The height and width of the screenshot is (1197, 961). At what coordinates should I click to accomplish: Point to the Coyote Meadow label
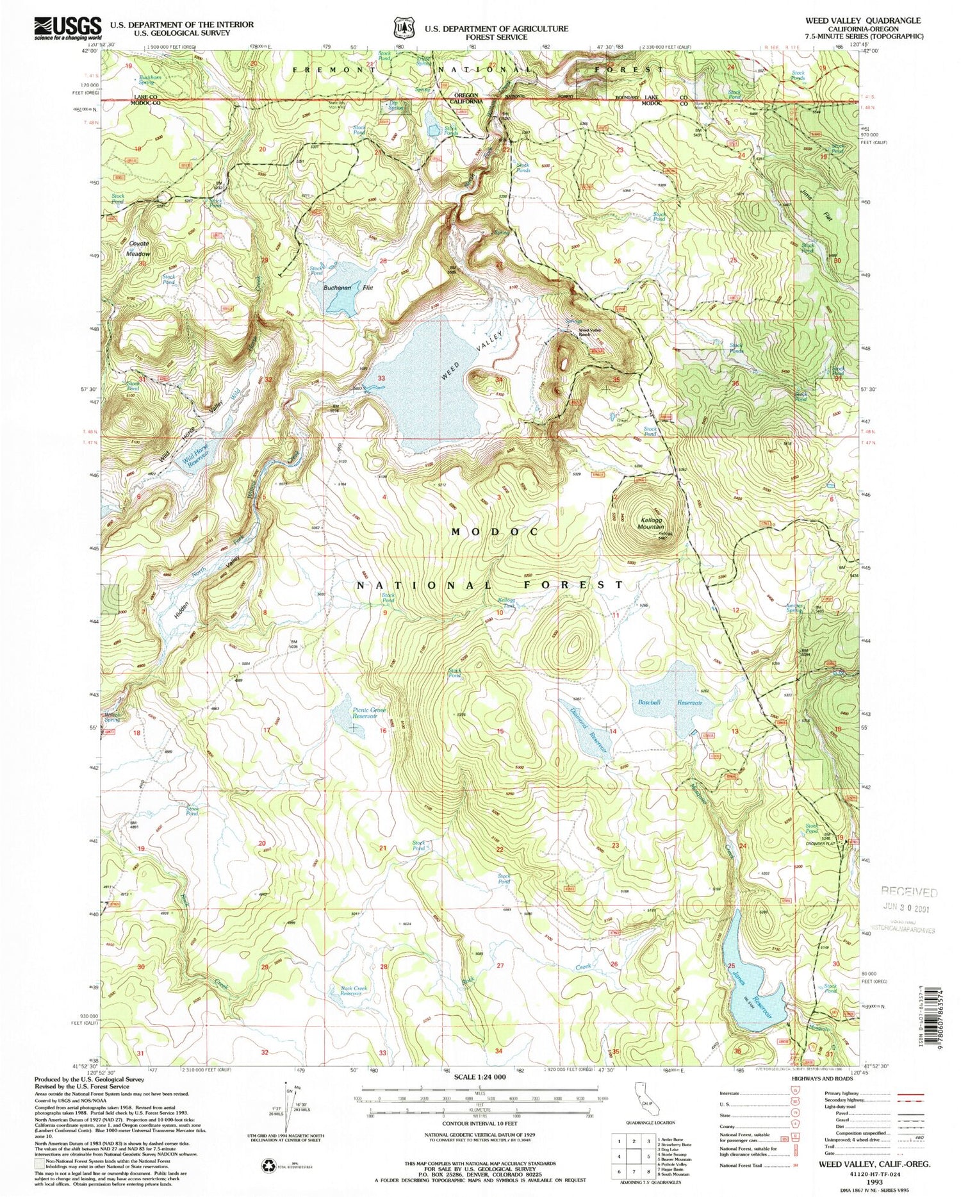tap(138, 249)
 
